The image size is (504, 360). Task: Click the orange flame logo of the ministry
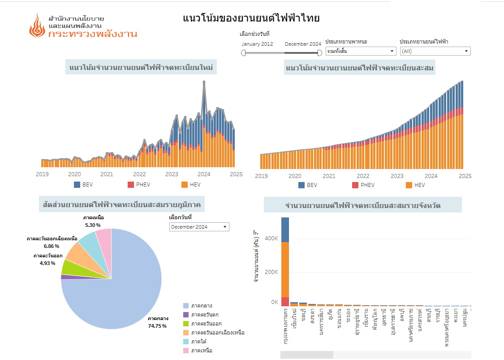(37, 26)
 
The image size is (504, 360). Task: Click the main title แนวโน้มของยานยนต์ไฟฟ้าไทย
(251, 18)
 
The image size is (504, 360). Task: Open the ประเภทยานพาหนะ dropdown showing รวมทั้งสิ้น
(361, 51)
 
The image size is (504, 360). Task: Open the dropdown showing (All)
(435, 51)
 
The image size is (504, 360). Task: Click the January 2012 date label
(257, 44)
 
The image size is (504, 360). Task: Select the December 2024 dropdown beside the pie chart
(199, 227)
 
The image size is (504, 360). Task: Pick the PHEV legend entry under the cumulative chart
(362, 185)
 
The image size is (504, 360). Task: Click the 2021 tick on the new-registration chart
(107, 174)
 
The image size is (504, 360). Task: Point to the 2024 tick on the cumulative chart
(431, 176)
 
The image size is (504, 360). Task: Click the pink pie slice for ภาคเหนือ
(104, 236)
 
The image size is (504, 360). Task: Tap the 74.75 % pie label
(158, 326)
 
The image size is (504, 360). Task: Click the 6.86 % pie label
(51, 247)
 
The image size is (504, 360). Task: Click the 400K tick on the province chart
(271, 239)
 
